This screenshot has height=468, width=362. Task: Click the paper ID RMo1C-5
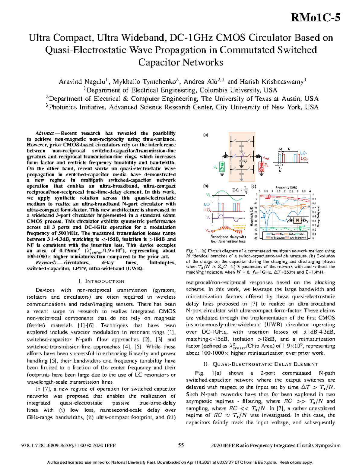[x=316, y=18]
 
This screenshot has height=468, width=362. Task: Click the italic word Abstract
[x=44, y=133]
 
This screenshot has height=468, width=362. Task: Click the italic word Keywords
[x=46, y=263]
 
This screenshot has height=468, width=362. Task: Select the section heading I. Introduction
[x=101, y=281]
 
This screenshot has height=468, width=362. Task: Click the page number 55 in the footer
[x=181, y=445]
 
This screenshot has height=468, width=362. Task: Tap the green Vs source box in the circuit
[x=222, y=167]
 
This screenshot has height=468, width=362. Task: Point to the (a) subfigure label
[x=205, y=135]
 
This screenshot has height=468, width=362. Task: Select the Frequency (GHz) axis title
[x=286, y=187]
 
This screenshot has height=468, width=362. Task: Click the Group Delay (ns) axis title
[x=319, y=216]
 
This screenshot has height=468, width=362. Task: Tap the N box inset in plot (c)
[x=297, y=220]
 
